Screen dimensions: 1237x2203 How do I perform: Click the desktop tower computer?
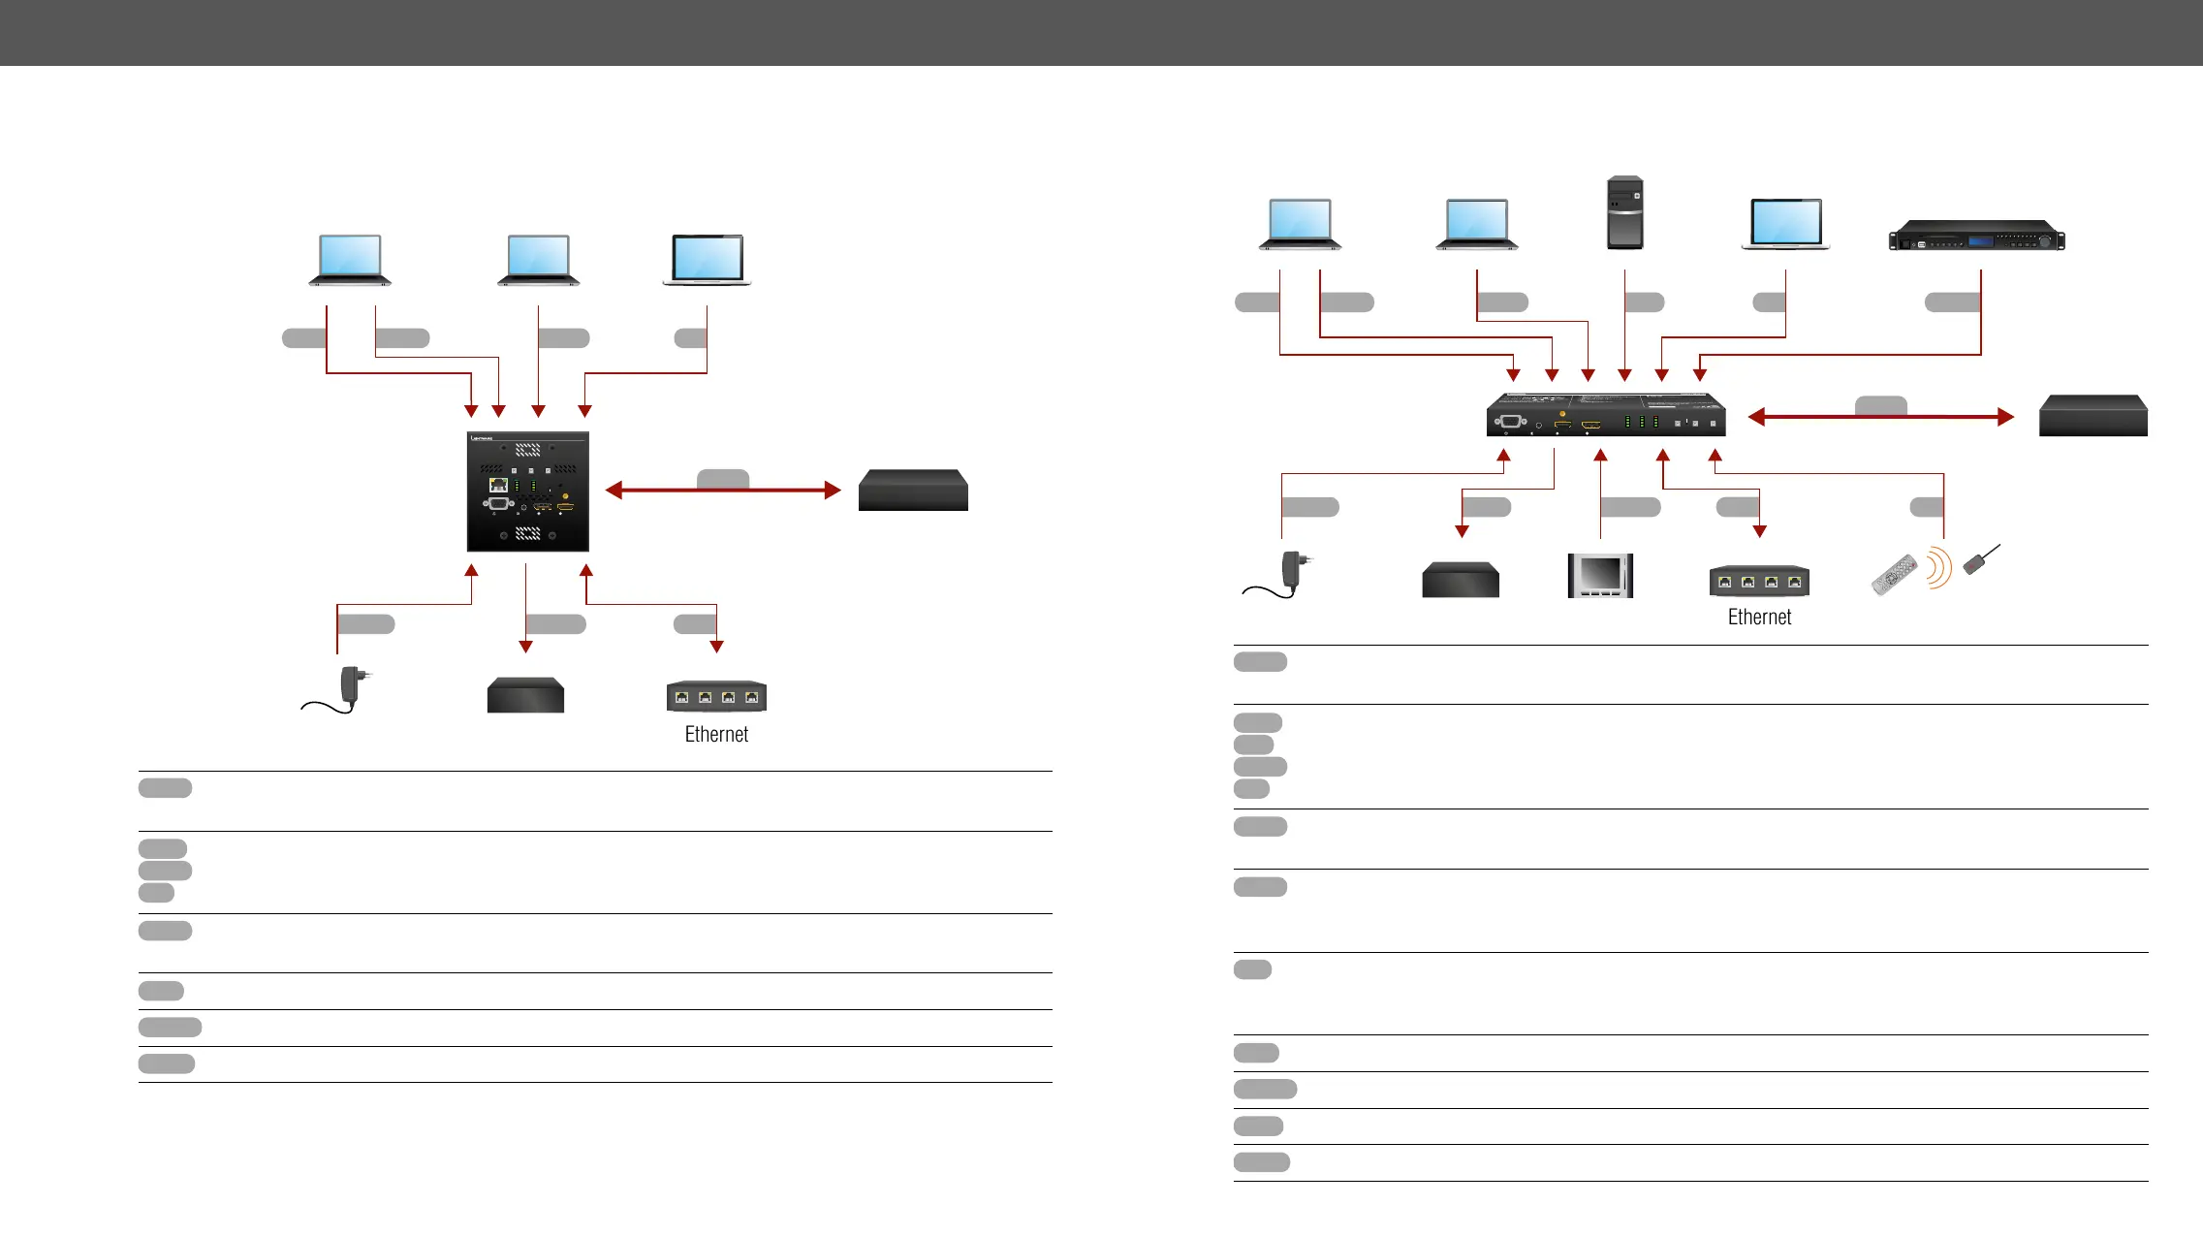[x=1624, y=212]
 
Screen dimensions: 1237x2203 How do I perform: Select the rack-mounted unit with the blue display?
[x=1976, y=237]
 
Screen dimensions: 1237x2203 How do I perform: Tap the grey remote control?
[x=1894, y=574]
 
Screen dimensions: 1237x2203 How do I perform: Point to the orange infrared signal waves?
[x=1936, y=568]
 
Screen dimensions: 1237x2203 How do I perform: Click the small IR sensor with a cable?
[x=1979, y=560]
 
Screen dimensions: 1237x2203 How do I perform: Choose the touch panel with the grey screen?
[x=1600, y=576]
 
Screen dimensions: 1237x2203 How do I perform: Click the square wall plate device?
[x=527, y=492]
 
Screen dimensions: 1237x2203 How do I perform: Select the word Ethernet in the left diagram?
[x=716, y=735]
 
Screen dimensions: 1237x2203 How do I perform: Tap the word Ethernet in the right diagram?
[x=1759, y=618]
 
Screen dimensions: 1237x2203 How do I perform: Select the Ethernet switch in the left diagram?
[x=716, y=696]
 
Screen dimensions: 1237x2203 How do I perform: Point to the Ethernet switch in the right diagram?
[x=1759, y=581]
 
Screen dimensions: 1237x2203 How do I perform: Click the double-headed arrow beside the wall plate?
[x=722, y=491]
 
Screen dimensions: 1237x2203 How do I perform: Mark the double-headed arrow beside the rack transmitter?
[x=1880, y=417]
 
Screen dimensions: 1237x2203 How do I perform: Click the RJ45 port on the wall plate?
[x=498, y=484]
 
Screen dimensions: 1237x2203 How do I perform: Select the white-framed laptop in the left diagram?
[x=707, y=260]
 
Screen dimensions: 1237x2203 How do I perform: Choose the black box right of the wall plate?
[x=913, y=491]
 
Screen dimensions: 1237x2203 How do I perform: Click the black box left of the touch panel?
[x=1460, y=580]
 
